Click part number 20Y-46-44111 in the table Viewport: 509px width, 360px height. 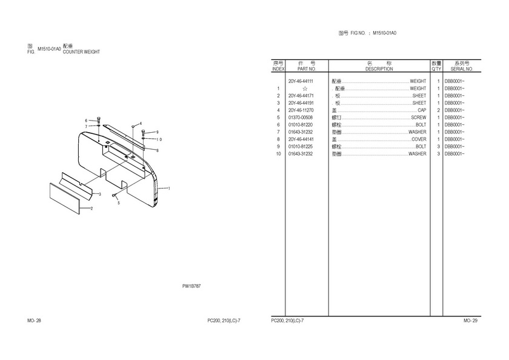coord(301,81)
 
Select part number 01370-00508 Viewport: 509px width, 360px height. coord(301,118)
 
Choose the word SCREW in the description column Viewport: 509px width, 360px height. coord(418,118)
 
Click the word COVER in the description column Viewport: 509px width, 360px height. coord(419,139)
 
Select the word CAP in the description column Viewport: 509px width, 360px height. coord(422,110)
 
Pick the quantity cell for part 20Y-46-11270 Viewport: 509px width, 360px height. coord(437,110)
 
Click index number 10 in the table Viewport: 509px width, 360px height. coord(278,154)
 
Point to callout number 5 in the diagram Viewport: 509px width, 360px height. coord(119,203)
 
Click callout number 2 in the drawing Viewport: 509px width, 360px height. coord(91,208)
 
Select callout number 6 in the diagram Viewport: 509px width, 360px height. coord(86,120)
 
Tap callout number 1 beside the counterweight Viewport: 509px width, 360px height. coord(169,188)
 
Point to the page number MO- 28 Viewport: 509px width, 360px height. coord(34,320)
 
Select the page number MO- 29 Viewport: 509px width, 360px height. coord(470,320)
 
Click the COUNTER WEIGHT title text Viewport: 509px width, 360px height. coord(81,52)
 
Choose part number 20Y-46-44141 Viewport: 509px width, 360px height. coord(301,139)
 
